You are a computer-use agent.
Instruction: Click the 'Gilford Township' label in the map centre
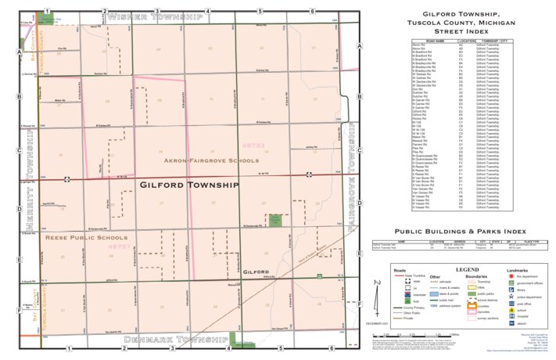point(188,185)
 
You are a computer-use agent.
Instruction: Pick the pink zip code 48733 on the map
point(254,146)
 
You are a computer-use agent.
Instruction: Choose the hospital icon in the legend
point(509,315)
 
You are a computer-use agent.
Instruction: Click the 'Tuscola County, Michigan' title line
point(460,23)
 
